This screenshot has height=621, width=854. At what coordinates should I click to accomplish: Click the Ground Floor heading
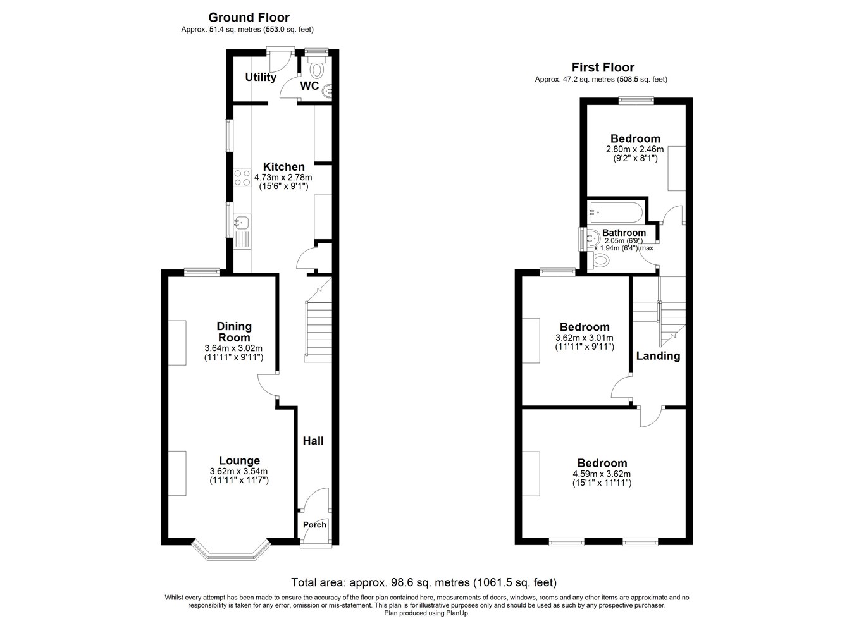coord(249,18)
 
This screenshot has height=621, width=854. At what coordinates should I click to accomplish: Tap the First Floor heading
coord(603,68)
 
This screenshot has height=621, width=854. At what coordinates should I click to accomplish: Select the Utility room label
coord(261,77)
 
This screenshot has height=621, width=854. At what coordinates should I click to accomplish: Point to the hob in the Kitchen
coord(242,178)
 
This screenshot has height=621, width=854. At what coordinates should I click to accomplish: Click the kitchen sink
coord(242,221)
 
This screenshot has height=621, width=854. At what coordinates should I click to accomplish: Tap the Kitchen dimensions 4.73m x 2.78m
coord(283,177)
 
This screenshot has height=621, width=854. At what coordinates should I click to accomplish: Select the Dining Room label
coord(234,331)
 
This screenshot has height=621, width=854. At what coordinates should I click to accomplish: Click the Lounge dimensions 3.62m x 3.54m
coord(238,471)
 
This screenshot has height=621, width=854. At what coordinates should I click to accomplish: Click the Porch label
coord(314,524)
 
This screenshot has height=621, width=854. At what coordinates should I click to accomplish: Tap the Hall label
coord(313,441)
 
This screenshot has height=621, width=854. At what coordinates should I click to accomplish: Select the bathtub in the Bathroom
coord(616,212)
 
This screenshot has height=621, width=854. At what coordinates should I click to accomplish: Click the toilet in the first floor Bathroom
coord(598,261)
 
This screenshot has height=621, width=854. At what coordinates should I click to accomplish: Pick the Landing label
coord(658,355)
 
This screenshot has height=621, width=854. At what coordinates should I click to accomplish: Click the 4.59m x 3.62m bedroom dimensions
coord(602,474)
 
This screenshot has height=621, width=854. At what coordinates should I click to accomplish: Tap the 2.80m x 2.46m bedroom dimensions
coord(634,149)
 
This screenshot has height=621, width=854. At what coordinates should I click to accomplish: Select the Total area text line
coord(424,582)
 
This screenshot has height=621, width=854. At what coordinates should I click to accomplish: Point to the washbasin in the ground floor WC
coord(327,90)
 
